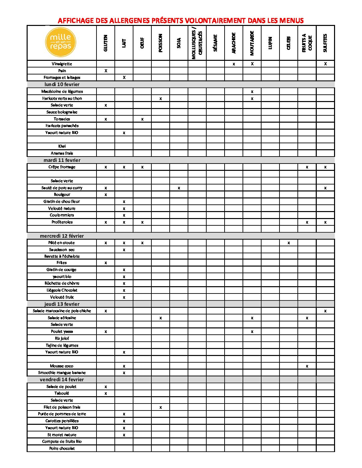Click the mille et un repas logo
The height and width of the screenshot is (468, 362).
[61, 42]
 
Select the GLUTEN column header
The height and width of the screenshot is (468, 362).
[106, 43]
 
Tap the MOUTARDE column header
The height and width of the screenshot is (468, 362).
[252, 43]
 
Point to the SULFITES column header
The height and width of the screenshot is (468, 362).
[325, 43]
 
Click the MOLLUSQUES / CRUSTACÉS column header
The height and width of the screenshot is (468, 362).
[197, 43]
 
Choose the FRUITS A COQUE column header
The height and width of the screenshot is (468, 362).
[307, 43]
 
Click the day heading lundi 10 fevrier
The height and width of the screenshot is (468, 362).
[62, 84]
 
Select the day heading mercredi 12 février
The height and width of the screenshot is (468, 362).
[62, 236]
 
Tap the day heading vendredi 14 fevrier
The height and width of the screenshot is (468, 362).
[62, 380]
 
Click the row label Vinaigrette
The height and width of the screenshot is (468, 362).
[62, 64]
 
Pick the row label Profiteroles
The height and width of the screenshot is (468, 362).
[62, 222]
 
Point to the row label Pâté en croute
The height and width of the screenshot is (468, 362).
[62, 243]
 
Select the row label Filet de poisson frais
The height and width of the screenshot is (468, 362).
[62, 407]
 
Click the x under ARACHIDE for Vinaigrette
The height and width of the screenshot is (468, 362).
[234, 64]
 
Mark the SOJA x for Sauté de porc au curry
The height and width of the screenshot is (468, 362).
[179, 188]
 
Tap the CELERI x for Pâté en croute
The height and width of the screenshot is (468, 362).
[288, 243]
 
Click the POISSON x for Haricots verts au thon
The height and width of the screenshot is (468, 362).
[161, 99]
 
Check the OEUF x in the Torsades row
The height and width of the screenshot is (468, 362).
[142, 119]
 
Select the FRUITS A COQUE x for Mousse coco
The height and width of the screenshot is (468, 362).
[307, 366]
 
